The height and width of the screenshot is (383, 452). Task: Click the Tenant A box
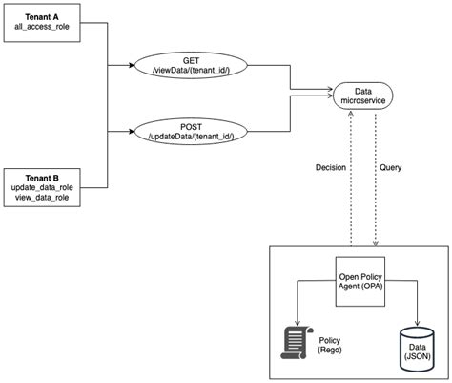pyautogui.click(x=42, y=23)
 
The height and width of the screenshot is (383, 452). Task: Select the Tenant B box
pyautogui.click(x=42, y=188)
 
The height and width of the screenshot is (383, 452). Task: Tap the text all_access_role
pyautogui.click(x=42, y=27)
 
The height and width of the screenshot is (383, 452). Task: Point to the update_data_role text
pyautogui.click(x=42, y=187)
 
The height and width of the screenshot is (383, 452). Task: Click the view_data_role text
pyautogui.click(x=42, y=198)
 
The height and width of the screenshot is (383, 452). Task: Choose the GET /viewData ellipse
pyautogui.click(x=191, y=65)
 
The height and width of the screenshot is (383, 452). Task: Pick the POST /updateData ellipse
pyautogui.click(x=191, y=131)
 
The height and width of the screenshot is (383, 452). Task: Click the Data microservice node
pyautogui.click(x=362, y=96)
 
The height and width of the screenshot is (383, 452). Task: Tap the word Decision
pyautogui.click(x=331, y=167)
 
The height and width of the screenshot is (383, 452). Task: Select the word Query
pyautogui.click(x=390, y=167)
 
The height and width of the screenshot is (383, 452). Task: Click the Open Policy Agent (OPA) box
pyautogui.click(x=360, y=282)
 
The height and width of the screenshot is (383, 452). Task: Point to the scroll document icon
pyautogui.click(x=297, y=343)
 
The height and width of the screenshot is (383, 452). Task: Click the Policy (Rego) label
pyautogui.click(x=330, y=345)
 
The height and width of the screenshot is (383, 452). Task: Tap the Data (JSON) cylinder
pyautogui.click(x=417, y=350)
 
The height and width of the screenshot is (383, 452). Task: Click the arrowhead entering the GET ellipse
pyautogui.click(x=132, y=65)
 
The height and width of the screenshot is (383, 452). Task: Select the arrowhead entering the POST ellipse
pyautogui.click(x=132, y=131)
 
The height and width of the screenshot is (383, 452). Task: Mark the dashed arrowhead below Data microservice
pyautogui.click(x=351, y=113)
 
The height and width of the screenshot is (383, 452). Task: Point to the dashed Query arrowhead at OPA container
pyautogui.click(x=376, y=244)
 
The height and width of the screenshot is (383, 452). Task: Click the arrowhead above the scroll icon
pyautogui.click(x=298, y=323)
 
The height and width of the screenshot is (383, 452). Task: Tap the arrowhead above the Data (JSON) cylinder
pyautogui.click(x=417, y=324)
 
